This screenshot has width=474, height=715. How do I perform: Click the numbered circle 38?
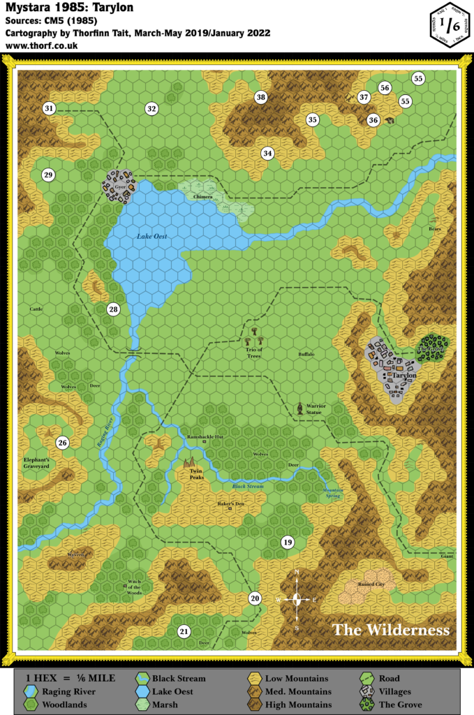click(261, 97)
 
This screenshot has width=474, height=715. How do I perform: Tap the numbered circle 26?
click(62, 443)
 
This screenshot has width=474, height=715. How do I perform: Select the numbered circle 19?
click(287, 543)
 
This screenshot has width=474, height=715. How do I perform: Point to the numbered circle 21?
click(184, 631)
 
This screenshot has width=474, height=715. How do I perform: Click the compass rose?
click(297, 599)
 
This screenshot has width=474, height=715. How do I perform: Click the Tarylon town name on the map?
click(405, 376)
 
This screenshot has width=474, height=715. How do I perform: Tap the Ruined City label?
click(371, 584)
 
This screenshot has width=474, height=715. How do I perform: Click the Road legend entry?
click(390, 678)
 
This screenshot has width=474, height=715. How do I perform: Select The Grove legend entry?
click(399, 705)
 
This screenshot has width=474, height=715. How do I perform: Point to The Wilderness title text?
click(391, 630)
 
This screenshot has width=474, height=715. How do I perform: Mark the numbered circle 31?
click(49, 108)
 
